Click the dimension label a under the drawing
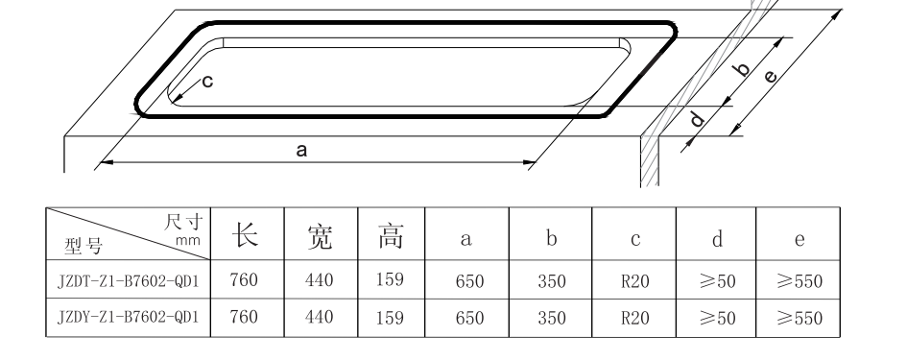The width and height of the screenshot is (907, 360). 301,150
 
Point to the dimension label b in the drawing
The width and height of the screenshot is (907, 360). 739,70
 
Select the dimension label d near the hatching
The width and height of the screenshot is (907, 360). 698,119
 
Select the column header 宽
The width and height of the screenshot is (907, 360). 319,234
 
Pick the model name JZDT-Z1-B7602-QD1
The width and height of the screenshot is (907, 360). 127,281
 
